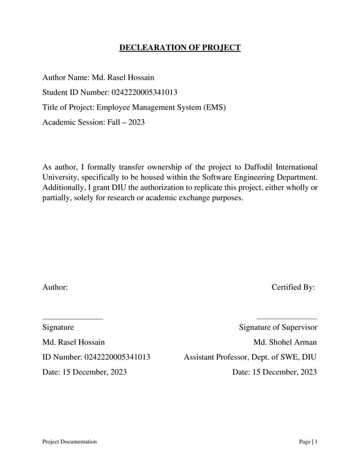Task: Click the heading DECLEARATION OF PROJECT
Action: [179, 48]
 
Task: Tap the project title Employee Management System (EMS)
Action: [161, 107]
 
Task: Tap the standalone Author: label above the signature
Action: [55, 287]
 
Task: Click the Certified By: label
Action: [293, 287]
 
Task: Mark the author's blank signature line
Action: [73, 319]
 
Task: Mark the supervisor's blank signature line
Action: [287, 319]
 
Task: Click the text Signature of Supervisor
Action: [278, 327]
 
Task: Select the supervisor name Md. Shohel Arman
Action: [285, 342]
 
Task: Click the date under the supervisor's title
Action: [274, 372]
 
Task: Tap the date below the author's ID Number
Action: [85, 372]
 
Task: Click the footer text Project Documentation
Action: [69, 441]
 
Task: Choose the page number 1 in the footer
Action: [315, 441]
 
